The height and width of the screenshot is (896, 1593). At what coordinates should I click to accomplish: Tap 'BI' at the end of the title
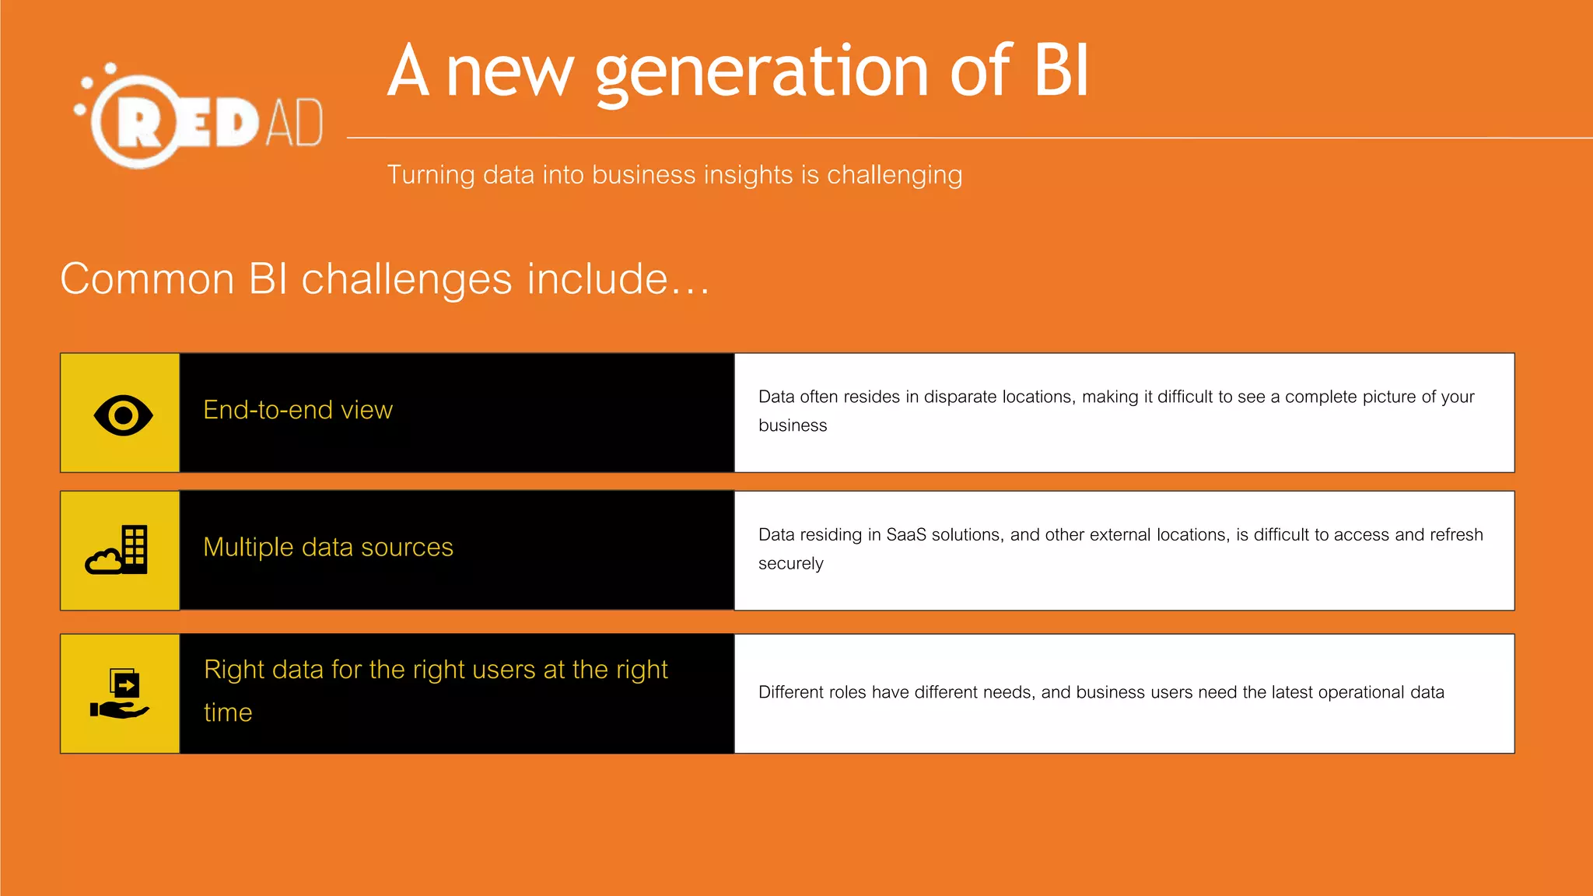[1061, 71]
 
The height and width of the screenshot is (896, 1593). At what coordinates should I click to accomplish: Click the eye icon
[123, 415]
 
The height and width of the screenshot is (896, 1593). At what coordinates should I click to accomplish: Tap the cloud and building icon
[117, 550]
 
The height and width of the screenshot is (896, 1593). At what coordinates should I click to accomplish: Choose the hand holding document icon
[120, 693]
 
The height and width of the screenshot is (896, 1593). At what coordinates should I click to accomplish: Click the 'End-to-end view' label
[298, 410]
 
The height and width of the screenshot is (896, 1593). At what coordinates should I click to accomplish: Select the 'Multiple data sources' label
[328, 548]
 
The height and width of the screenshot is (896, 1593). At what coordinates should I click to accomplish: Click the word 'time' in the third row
[228, 712]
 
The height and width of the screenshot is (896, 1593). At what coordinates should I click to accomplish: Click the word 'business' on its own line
[793, 425]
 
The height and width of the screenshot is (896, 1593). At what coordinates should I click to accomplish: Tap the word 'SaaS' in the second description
[906, 535]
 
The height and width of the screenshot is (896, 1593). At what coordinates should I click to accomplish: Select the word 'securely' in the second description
[790, 564]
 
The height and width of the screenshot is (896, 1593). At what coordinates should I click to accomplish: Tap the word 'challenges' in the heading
[407, 279]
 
